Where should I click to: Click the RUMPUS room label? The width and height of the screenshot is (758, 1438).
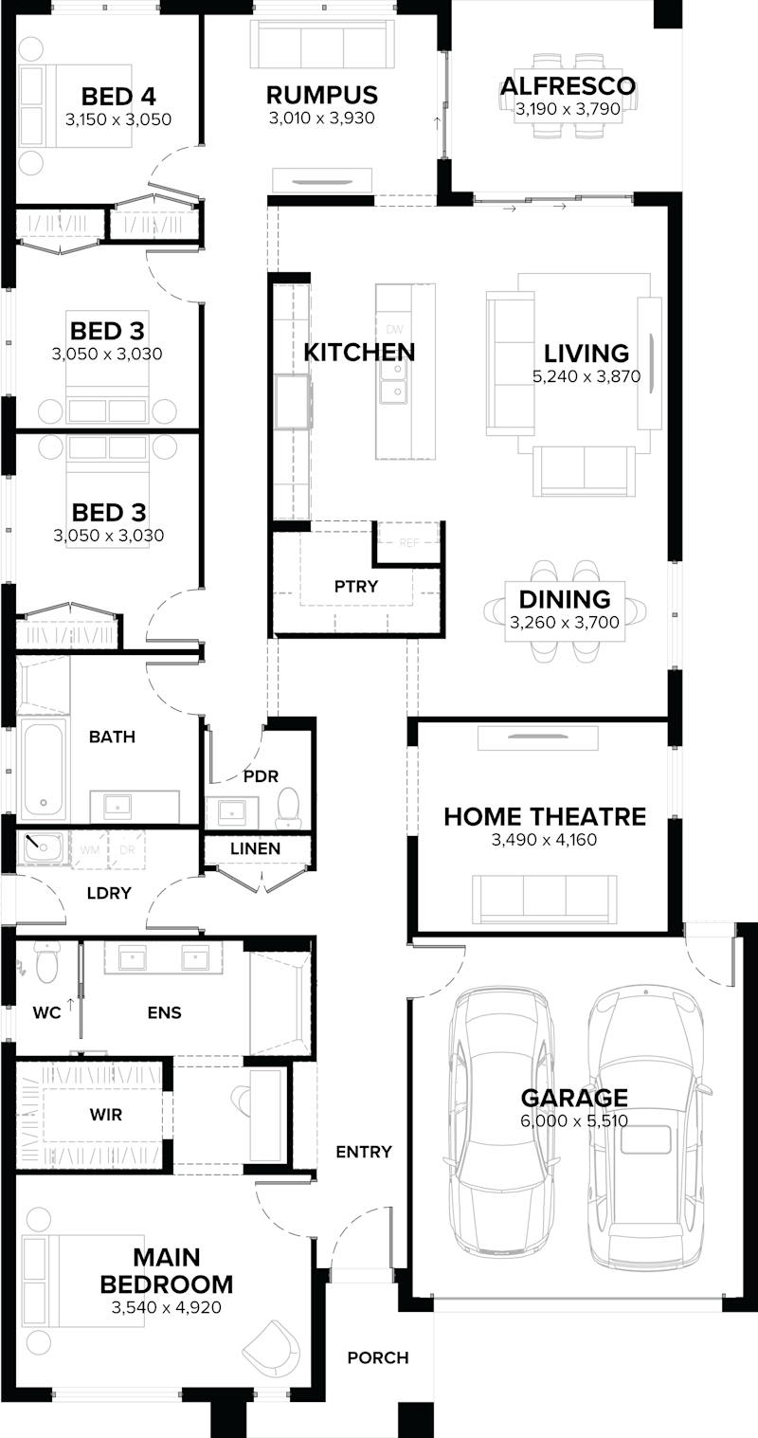(321, 95)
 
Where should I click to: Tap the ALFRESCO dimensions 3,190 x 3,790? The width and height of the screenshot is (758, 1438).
(568, 110)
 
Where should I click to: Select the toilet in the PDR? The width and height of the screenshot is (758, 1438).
(288, 807)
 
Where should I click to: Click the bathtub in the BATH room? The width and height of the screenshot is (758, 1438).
(43, 769)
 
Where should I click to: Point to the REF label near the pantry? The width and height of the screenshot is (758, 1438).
(409, 543)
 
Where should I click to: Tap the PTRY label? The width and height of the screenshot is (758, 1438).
(356, 587)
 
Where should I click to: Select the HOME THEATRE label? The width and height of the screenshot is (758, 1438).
(545, 816)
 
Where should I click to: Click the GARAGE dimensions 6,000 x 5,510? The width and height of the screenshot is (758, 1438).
(573, 1120)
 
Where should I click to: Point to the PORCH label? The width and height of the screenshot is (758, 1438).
(378, 1357)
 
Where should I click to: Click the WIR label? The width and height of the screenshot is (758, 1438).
(106, 1115)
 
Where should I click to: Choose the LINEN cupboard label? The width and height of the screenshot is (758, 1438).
(256, 848)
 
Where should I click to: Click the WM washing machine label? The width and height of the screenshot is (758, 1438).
(90, 849)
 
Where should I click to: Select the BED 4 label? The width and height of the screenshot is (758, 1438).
(118, 96)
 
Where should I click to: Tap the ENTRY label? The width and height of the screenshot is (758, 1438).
(364, 1152)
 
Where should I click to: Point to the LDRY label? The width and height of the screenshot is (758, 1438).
(109, 892)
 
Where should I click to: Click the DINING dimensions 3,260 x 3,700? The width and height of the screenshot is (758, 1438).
(564, 623)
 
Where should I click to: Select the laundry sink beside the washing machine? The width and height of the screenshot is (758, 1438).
(43, 847)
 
